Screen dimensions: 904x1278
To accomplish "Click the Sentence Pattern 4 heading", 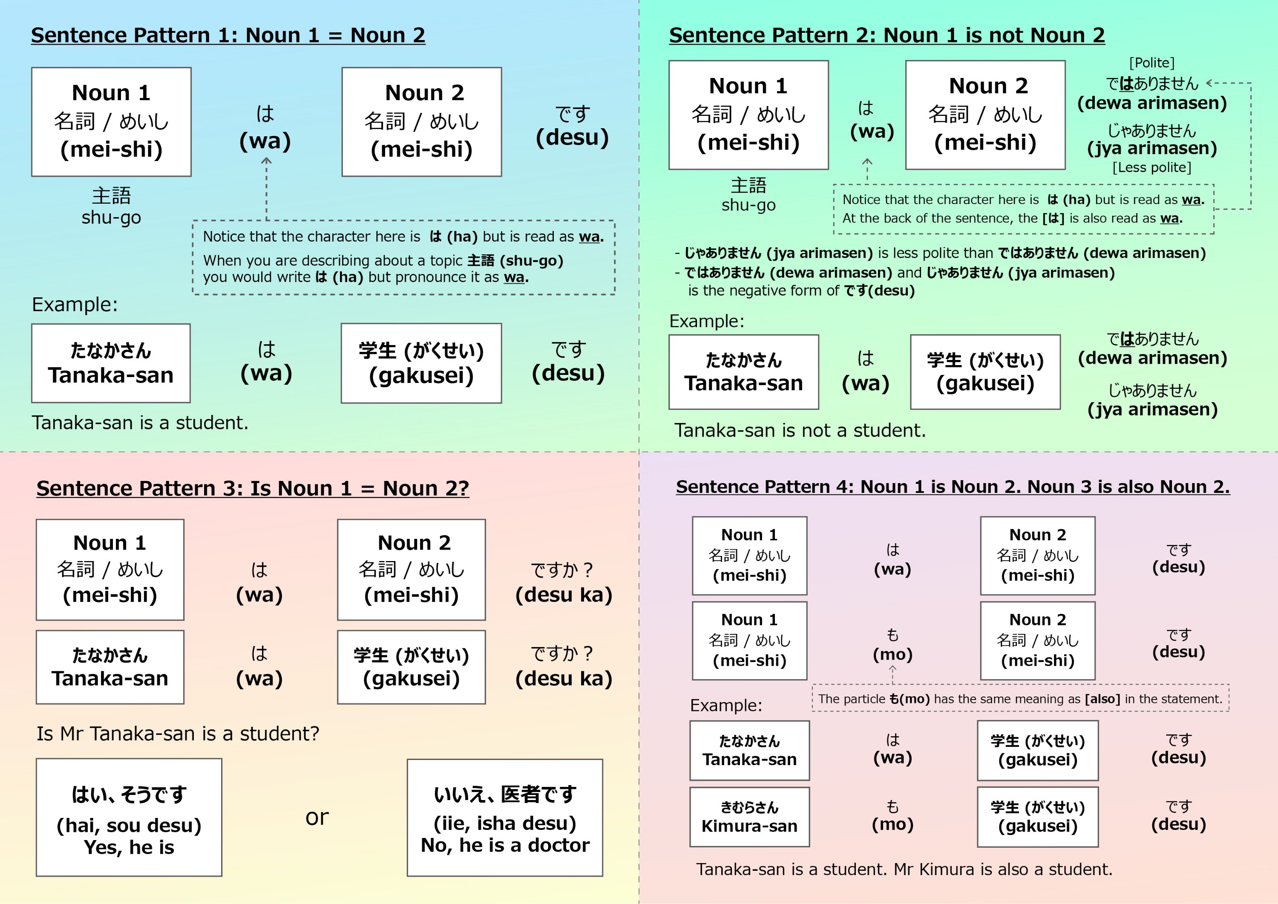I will click(953, 487).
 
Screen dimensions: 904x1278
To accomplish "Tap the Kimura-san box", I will click(749, 817).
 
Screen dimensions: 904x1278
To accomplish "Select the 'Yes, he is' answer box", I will click(129, 817).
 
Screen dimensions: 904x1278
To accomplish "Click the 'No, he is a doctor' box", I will click(504, 817).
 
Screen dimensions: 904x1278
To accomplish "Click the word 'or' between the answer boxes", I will click(317, 817).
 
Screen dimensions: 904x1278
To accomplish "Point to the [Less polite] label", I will click(1151, 167).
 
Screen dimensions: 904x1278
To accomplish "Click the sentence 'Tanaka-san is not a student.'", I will click(800, 430).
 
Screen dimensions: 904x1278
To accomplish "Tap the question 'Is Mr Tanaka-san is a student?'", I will click(178, 734).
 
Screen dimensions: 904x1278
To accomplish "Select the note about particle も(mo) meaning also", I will click(1020, 699).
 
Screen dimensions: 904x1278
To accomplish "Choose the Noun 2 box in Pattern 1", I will click(421, 122).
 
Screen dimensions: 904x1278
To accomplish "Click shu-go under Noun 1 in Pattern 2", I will click(748, 205).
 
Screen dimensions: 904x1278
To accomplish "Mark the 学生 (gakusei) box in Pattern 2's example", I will click(984, 372).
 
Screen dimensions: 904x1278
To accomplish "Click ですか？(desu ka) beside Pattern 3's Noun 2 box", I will click(563, 582).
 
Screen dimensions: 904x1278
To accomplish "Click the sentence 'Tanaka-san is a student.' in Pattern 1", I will click(140, 423).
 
